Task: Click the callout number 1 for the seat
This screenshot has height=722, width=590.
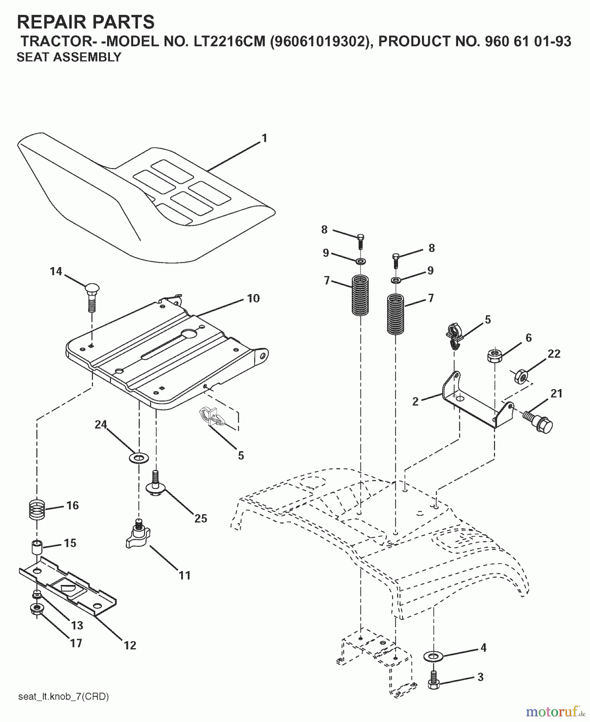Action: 264,138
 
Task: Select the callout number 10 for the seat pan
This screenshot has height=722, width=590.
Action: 253,298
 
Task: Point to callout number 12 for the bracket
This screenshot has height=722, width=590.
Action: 130,645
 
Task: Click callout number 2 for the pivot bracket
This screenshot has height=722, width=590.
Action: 415,401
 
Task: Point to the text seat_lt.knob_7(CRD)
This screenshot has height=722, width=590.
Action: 63,697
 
